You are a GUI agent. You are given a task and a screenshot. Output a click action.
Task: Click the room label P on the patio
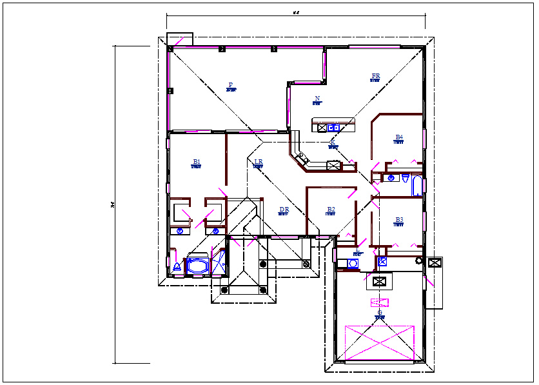click(230, 84)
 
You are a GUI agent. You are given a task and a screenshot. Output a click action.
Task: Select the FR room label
click(375, 76)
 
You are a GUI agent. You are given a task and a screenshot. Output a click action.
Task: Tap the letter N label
click(317, 99)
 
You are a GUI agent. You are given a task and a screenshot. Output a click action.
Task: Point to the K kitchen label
click(333, 143)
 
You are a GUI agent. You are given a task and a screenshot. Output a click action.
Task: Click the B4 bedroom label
click(399, 137)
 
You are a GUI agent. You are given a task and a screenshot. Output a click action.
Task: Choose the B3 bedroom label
click(399, 220)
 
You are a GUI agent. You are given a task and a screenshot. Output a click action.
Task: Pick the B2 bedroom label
click(331, 209)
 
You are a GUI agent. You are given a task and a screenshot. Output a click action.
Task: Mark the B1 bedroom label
click(197, 162)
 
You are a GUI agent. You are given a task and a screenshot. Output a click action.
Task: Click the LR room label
click(258, 162)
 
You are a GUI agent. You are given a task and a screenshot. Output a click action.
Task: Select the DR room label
click(284, 210)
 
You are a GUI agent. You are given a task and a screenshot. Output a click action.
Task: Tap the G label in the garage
click(380, 313)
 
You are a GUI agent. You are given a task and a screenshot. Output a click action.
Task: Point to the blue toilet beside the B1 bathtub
click(177, 266)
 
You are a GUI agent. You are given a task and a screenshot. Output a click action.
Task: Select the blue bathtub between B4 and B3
click(416, 186)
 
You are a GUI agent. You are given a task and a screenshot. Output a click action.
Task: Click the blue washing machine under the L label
click(353, 263)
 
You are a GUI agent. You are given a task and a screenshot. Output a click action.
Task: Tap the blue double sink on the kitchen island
click(333, 127)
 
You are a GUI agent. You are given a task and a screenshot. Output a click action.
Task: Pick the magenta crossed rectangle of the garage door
click(379, 342)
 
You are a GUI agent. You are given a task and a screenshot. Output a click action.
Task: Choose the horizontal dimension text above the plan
click(296, 12)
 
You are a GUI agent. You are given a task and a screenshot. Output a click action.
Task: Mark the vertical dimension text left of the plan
click(112, 205)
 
